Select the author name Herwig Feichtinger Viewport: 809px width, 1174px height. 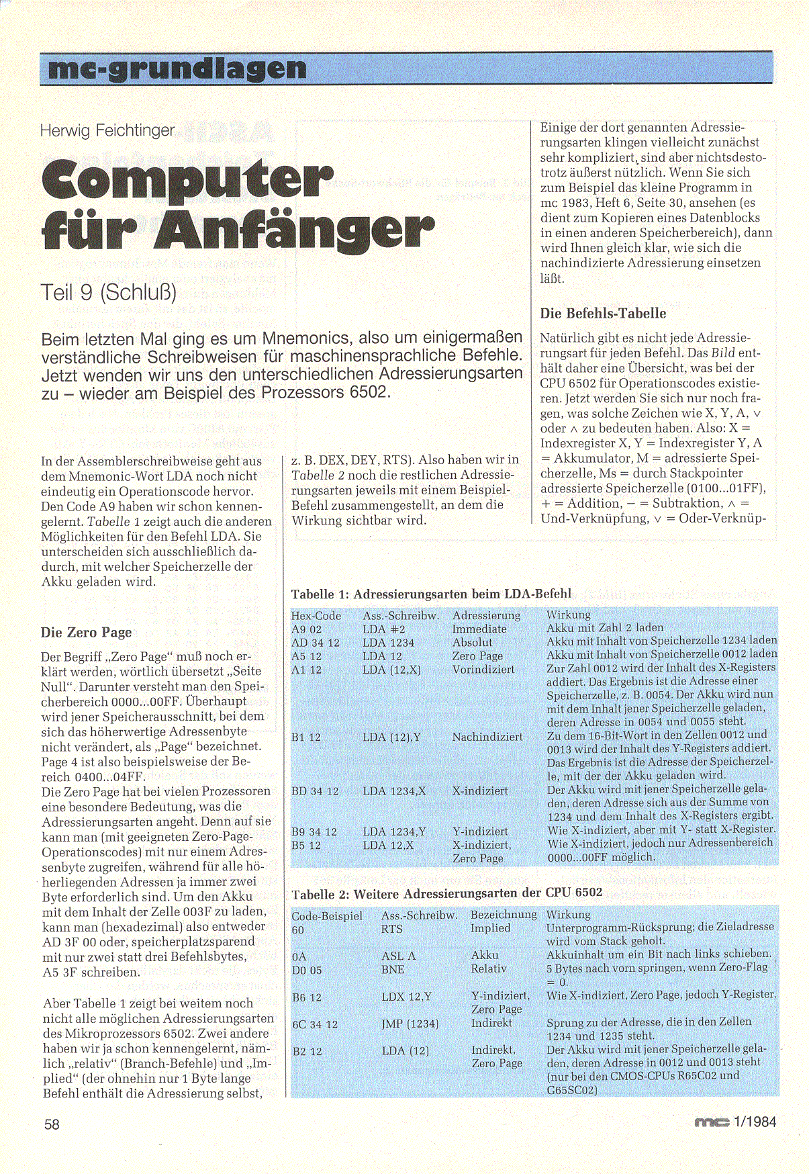[x=107, y=130]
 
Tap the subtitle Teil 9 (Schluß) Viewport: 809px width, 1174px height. [x=109, y=292]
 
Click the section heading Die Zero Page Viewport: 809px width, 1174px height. [x=86, y=632]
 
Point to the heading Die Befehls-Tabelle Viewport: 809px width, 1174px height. [x=603, y=313]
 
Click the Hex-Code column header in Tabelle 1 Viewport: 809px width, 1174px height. [x=316, y=615]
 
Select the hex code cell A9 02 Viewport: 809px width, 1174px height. [x=306, y=629]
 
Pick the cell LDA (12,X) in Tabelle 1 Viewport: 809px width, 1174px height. [x=391, y=670]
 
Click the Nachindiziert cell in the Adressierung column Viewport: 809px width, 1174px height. [x=487, y=737]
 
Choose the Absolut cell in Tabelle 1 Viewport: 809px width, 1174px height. [x=472, y=643]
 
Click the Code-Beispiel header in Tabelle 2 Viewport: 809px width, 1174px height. [x=327, y=915]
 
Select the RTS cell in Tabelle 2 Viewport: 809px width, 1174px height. [x=391, y=929]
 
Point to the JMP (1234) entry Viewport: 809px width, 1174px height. [x=410, y=1024]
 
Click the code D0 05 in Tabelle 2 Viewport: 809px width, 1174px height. [x=307, y=970]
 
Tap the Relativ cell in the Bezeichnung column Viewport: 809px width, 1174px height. [x=488, y=969]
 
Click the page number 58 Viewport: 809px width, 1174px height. [x=52, y=1124]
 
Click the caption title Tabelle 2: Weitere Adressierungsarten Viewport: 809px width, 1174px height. [x=447, y=893]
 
